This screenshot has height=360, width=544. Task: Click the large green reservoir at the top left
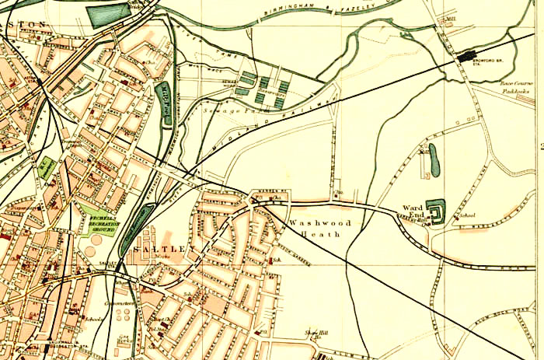108,15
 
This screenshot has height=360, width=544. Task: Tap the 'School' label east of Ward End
467,215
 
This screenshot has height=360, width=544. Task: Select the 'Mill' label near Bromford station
451,16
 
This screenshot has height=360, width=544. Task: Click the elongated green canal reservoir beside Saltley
134,225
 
